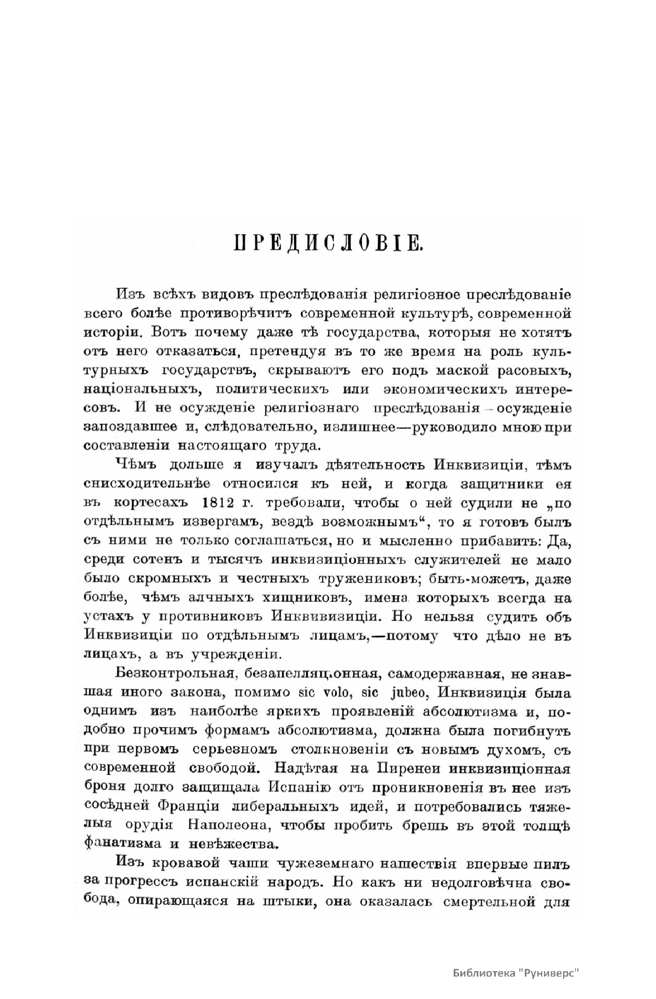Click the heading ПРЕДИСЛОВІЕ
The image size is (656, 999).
[x=327, y=243]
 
